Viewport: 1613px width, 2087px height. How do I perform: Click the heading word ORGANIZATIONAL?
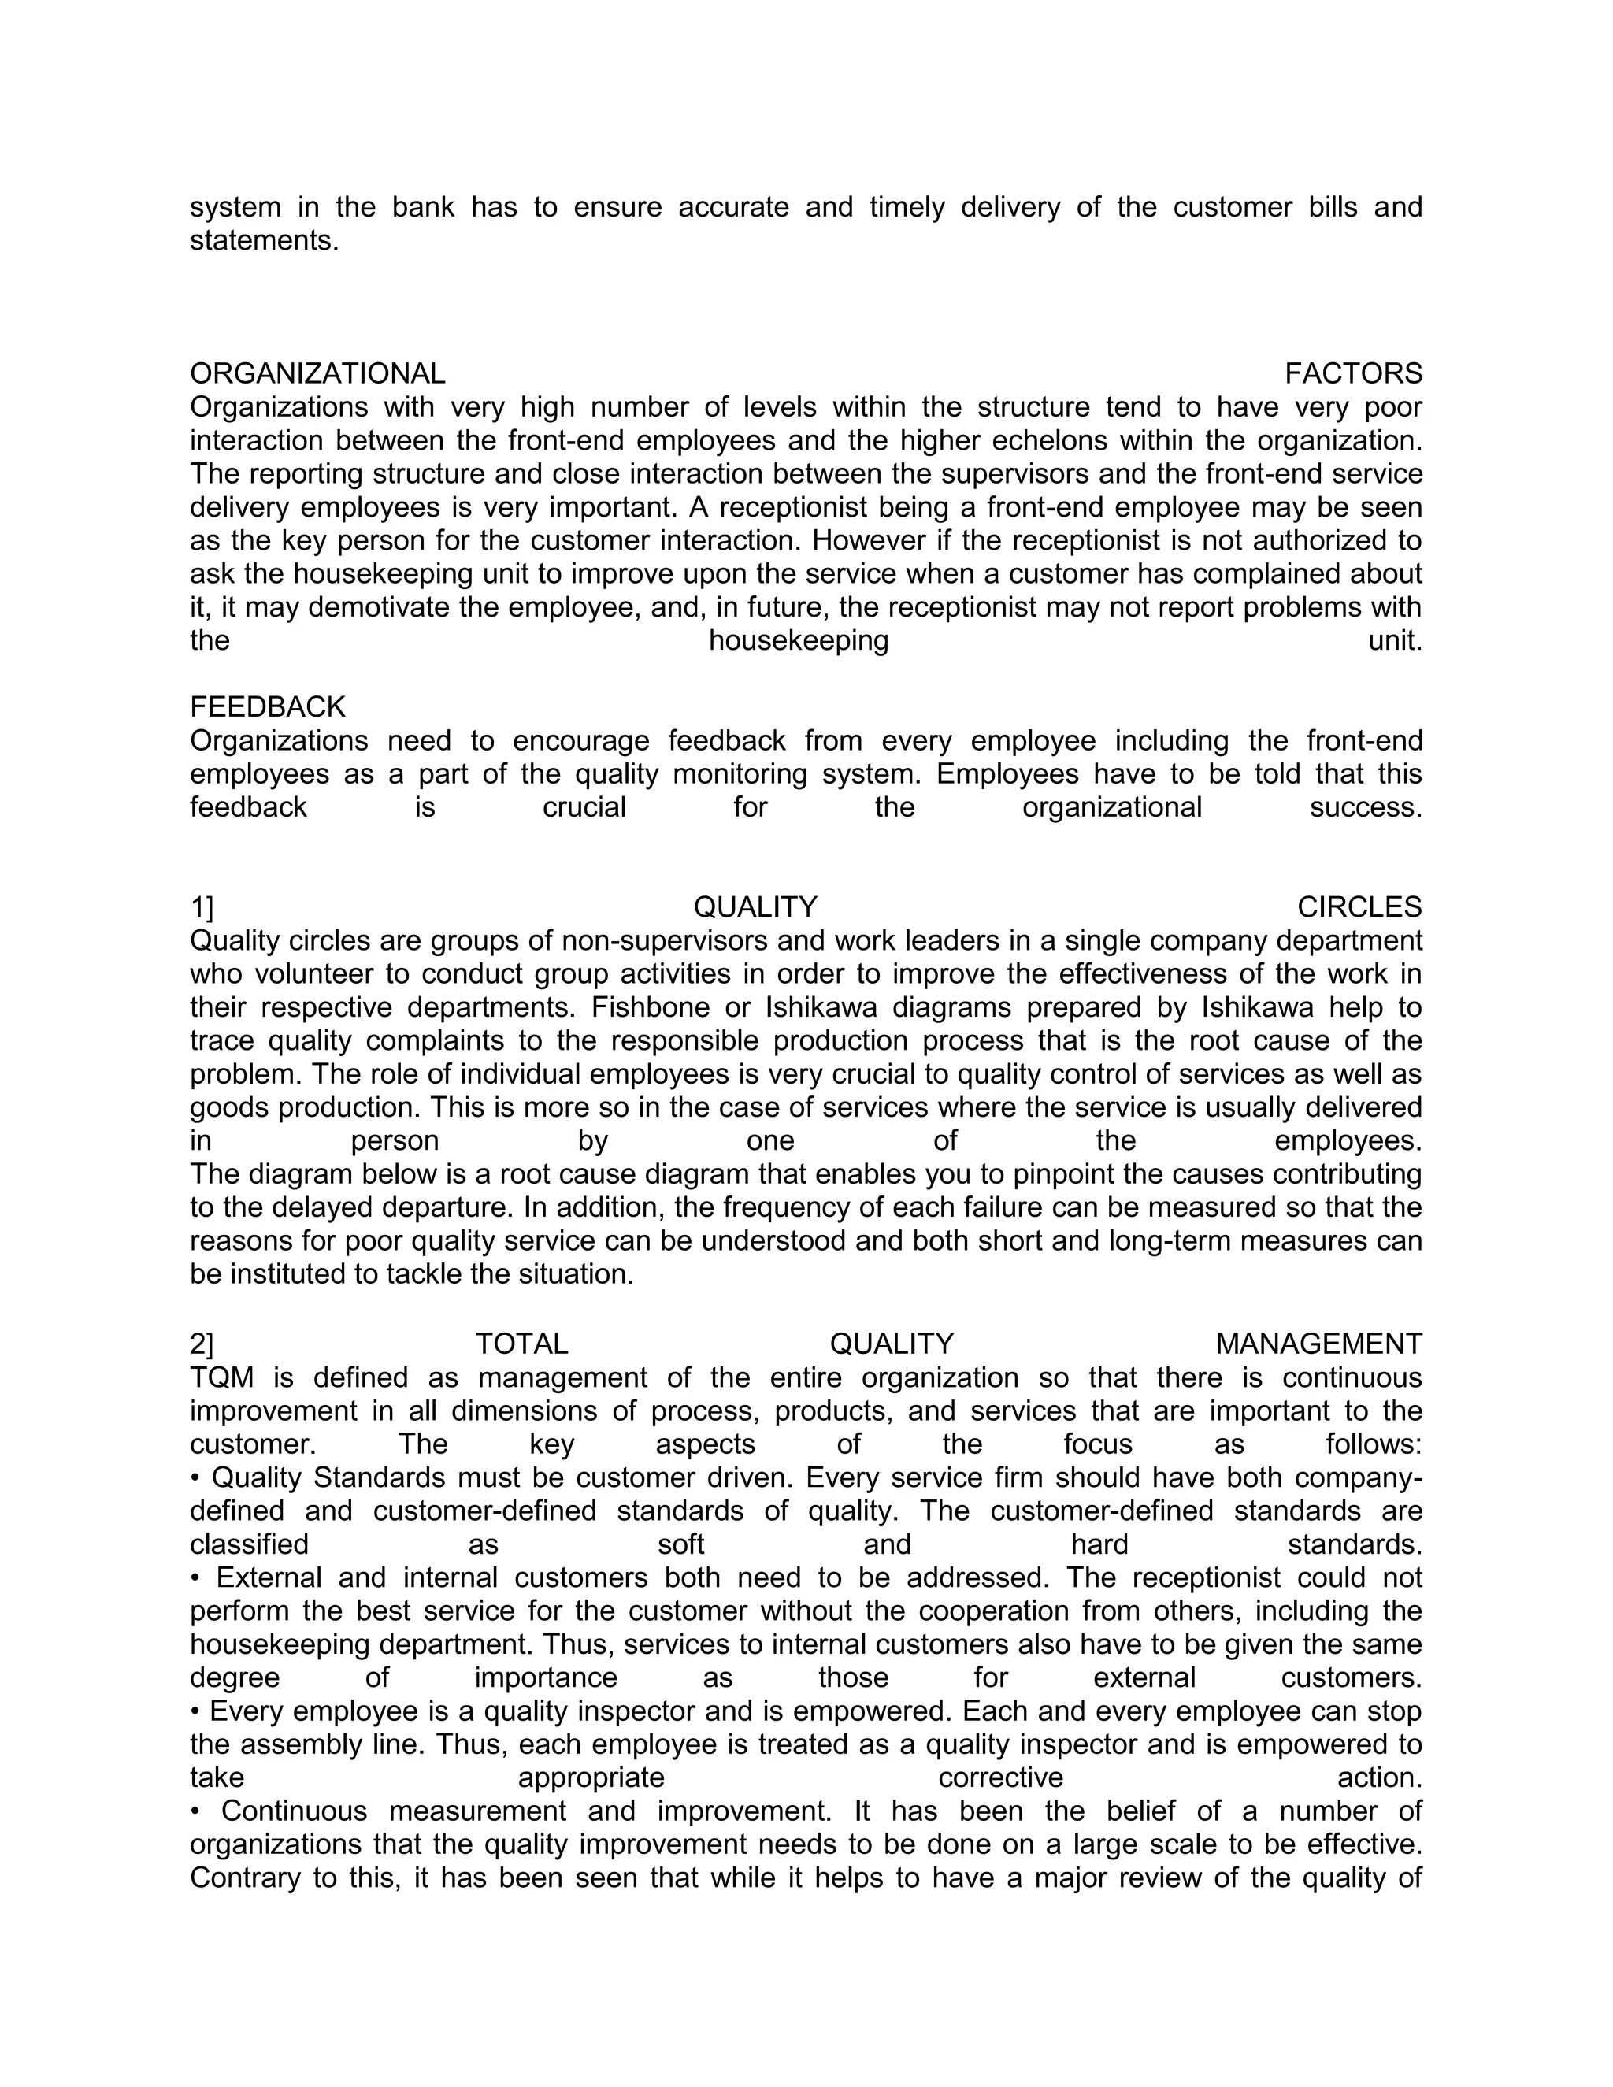pos(317,373)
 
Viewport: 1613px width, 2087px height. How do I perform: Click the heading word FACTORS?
pos(1352,373)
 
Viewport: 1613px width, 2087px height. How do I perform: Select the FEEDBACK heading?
pos(268,707)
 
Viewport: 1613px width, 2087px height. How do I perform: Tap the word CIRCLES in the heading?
pos(1359,906)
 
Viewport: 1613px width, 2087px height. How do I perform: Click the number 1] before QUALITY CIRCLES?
pos(202,906)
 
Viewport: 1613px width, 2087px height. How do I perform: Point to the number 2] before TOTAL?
pos(202,1344)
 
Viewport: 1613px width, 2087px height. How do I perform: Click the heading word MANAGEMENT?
pos(1318,1344)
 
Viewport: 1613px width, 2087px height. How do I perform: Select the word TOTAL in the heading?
pos(521,1344)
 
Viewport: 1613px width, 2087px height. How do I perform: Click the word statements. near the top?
pos(265,241)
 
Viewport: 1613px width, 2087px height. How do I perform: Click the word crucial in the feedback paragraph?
pos(584,807)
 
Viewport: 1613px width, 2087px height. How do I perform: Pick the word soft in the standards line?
pos(681,1545)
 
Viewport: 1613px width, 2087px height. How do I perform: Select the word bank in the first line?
pos(422,207)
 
